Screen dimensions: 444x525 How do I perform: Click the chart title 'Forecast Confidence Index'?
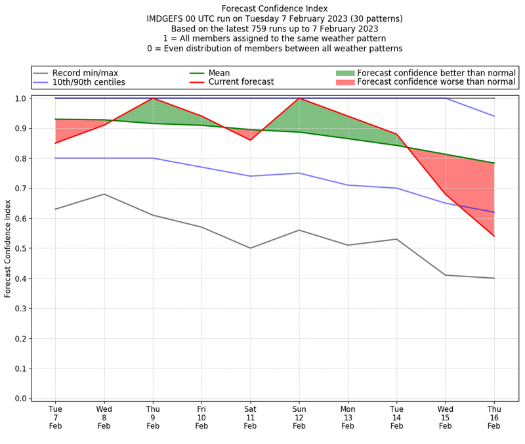pos(274,9)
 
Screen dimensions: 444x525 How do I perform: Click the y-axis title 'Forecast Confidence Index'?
pos(9,248)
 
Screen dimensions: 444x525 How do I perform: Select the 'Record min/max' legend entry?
pos(79,73)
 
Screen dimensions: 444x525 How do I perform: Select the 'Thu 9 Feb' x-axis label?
pos(153,417)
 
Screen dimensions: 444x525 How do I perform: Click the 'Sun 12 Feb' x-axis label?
pos(299,417)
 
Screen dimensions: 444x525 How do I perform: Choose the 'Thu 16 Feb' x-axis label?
pos(494,417)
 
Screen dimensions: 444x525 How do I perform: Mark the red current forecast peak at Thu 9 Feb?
pos(153,99)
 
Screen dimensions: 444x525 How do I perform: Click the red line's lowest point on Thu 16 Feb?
pos(494,236)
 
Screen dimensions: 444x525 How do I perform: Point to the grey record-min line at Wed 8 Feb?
pos(104,194)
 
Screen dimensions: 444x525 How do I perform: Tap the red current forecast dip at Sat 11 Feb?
pos(250,140)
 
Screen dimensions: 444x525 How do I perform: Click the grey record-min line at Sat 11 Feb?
pos(250,248)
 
